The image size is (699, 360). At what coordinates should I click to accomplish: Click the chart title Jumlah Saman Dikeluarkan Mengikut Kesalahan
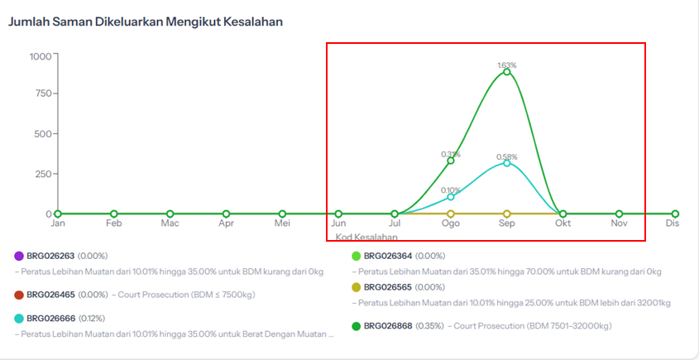point(146,22)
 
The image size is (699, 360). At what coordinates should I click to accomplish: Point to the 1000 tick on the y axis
point(40,56)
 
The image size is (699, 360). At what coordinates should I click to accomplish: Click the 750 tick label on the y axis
point(42,94)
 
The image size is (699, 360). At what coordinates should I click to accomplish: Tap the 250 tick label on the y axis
point(42,174)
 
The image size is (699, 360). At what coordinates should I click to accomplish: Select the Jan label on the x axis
point(58,223)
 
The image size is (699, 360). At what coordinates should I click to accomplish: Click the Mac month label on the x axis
point(170,223)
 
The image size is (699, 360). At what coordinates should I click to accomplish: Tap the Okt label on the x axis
point(563,223)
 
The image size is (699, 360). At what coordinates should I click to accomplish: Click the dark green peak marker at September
point(507,72)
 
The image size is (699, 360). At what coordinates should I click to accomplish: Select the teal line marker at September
point(507,163)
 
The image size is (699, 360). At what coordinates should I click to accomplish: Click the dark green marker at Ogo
point(451,161)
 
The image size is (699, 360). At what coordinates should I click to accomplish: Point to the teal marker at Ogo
point(451,197)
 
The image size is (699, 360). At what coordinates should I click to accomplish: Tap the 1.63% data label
point(507,65)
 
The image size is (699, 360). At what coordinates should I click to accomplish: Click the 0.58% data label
point(507,156)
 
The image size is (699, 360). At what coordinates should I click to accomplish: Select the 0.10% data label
point(451,190)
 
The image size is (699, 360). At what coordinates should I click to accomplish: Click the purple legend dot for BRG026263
point(18,257)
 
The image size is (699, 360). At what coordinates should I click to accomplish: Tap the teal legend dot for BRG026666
point(18,319)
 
